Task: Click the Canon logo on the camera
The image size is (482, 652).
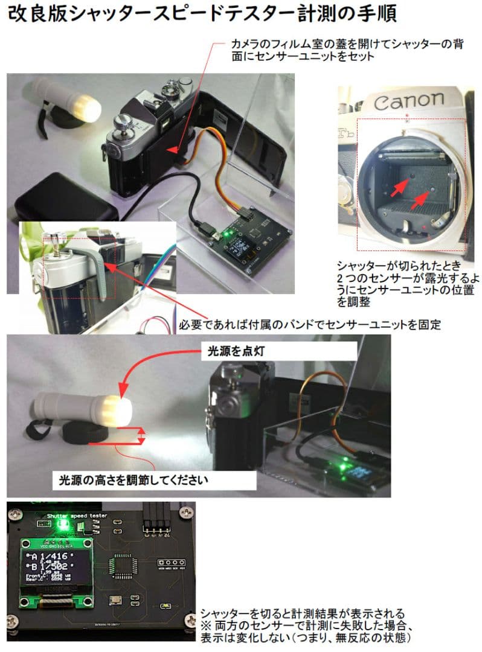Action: tap(408, 100)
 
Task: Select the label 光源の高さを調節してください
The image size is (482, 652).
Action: tap(133, 481)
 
